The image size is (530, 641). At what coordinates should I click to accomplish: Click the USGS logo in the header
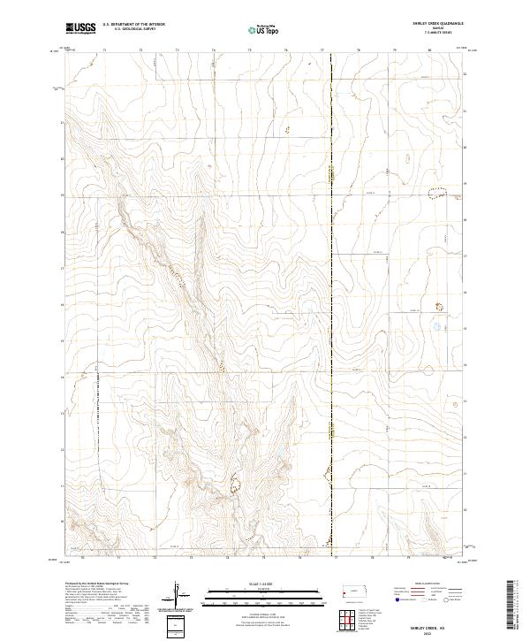tap(80, 28)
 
